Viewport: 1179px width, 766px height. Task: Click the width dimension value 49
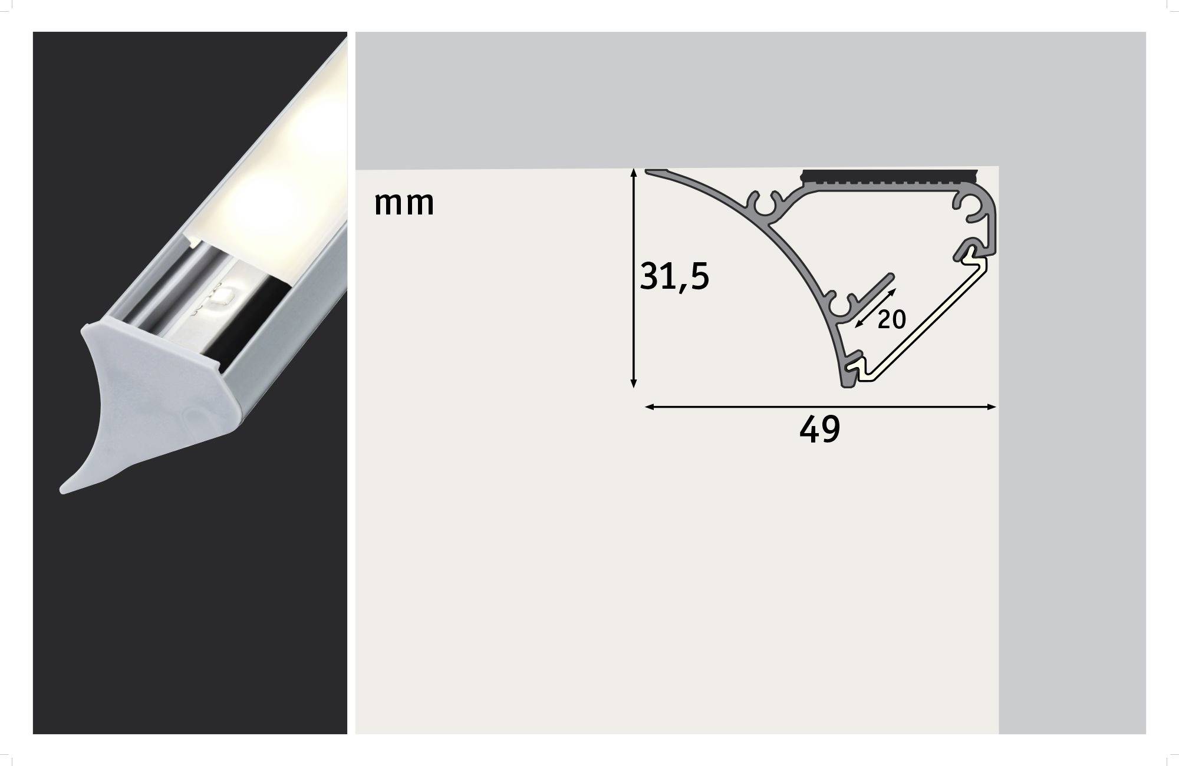[x=819, y=430]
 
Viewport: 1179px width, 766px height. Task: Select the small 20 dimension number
[x=891, y=320]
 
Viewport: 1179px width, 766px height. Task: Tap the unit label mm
[x=404, y=203]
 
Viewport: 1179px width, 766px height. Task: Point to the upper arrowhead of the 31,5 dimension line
[x=634, y=173]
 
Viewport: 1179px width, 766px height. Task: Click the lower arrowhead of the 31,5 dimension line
[x=634, y=384]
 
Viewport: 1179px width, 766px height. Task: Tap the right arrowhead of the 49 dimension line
[x=992, y=407]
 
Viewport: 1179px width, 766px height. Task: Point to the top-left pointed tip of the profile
[x=648, y=172]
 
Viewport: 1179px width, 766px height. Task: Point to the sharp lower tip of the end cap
[x=64, y=488]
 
